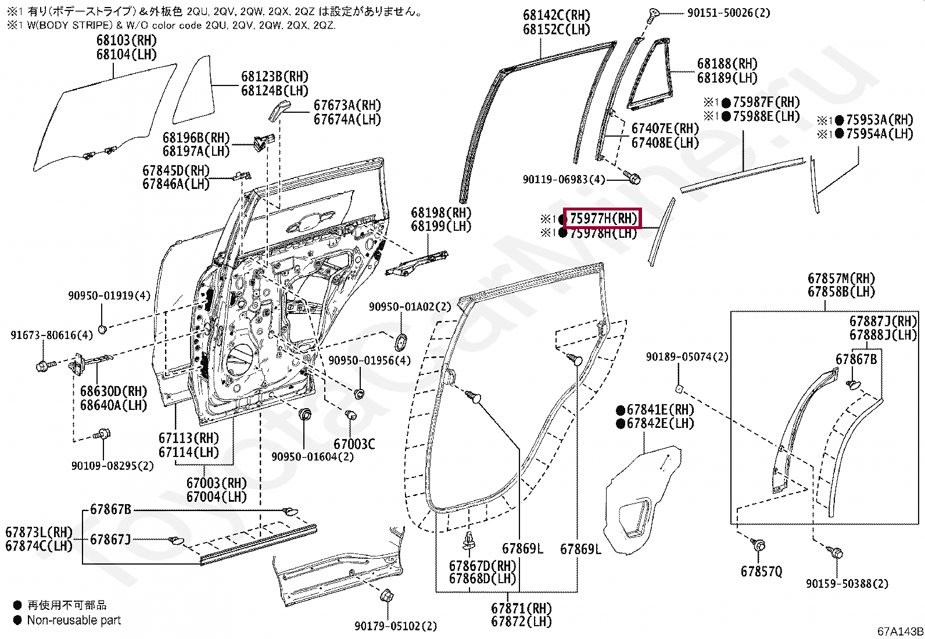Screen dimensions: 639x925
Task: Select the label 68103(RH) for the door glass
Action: (x=127, y=41)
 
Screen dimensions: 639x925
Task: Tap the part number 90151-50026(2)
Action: (x=729, y=12)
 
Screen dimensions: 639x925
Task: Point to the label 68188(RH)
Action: (x=727, y=63)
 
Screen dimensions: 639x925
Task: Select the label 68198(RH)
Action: (x=441, y=213)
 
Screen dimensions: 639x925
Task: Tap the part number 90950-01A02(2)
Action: (x=410, y=306)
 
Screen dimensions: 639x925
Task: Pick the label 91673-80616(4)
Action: (x=52, y=335)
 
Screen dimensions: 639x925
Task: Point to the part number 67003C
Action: (x=354, y=444)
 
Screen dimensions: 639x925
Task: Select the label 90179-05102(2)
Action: (x=396, y=626)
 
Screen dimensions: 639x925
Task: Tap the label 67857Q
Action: (x=761, y=572)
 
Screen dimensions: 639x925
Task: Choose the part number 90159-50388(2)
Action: (x=847, y=583)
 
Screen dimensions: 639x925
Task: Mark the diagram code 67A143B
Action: (x=900, y=631)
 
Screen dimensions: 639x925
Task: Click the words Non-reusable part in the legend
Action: (x=74, y=620)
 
